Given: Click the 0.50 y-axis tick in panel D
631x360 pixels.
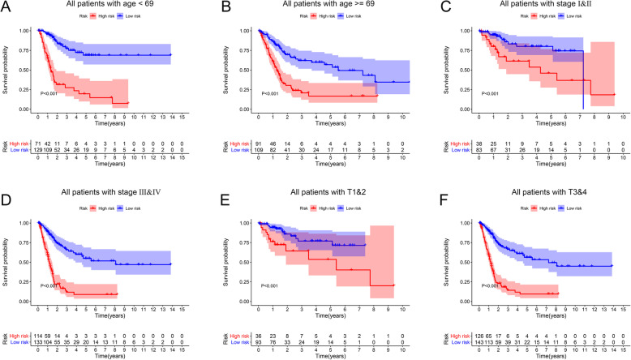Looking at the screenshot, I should pos(26,259).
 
